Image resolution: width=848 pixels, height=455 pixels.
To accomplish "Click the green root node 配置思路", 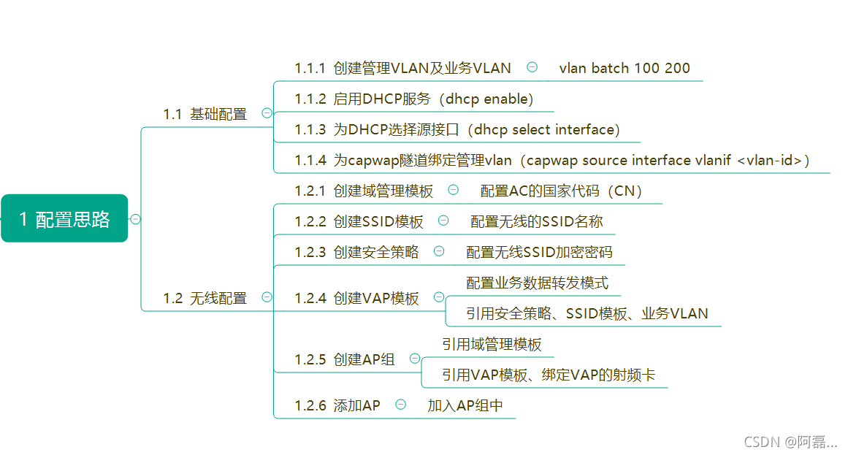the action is click(64, 218).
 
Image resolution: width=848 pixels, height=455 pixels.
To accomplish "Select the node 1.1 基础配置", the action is click(205, 114).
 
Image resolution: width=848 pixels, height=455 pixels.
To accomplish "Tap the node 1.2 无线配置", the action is click(205, 298).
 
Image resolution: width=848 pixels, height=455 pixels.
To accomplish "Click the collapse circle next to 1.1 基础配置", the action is click(267, 113).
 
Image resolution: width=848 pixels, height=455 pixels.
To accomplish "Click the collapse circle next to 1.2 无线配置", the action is click(267, 297).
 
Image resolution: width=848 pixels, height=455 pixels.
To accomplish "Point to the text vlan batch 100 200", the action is click(624, 68).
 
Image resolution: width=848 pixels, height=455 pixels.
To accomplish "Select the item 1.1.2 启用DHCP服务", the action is click(414, 99).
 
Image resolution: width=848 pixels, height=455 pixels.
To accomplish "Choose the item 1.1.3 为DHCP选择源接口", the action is click(457, 130).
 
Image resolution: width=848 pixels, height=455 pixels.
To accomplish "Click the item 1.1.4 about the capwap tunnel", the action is click(552, 161).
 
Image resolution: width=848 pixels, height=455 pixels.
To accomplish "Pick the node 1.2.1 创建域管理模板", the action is click(364, 191).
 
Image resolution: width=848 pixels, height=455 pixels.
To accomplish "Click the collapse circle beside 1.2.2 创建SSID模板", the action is click(443, 221).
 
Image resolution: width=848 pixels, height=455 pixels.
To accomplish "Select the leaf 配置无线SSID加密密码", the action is click(540, 252).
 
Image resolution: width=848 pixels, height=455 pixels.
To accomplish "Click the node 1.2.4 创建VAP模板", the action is click(357, 298).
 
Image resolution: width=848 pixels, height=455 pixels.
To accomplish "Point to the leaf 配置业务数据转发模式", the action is click(538, 283).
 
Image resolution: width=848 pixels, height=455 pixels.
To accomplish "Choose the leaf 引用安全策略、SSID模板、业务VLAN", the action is click(587, 313).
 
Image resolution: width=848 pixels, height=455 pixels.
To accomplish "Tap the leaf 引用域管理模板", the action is click(492, 344).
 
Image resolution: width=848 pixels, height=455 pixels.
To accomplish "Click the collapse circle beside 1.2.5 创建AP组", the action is click(415, 359).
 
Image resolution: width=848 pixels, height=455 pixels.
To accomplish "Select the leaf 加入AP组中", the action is click(465, 405).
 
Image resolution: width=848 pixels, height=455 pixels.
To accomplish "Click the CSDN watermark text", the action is click(790, 442).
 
